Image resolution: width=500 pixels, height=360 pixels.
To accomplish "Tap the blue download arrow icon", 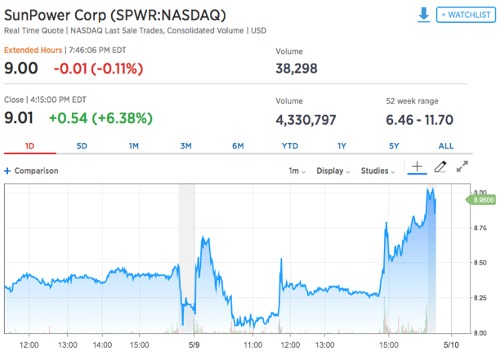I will pyautogui.click(x=423, y=15).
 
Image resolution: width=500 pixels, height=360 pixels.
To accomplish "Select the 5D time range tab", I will pyautogui.click(x=82, y=145).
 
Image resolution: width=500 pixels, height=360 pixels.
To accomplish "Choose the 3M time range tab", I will pyautogui.click(x=185, y=145).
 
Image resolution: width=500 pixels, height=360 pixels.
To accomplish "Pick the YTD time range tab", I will pyautogui.click(x=289, y=145).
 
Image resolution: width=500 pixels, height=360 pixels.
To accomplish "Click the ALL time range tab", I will pyautogui.click(x=446, y=145).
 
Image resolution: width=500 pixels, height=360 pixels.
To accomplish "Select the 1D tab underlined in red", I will pyautogui.click(x=29, y=145).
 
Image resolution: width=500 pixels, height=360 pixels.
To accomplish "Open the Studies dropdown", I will pyautogui.click(x=377, y=171).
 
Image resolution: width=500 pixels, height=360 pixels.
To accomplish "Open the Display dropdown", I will pyautogui.click(x=333, y=171).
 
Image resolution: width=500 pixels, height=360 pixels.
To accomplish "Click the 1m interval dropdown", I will pyautogui.click(x=297, y=171).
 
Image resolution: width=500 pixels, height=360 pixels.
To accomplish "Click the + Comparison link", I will pyautogui.click(x=32, y=171).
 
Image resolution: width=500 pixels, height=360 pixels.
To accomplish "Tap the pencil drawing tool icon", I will pyautogui.click(x=440, y=167).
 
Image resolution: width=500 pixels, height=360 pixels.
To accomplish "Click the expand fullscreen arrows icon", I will pyautogui.click(x=462, y=167).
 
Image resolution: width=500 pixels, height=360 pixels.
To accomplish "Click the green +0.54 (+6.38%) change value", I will pyautogui.click(x=100, y=118).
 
